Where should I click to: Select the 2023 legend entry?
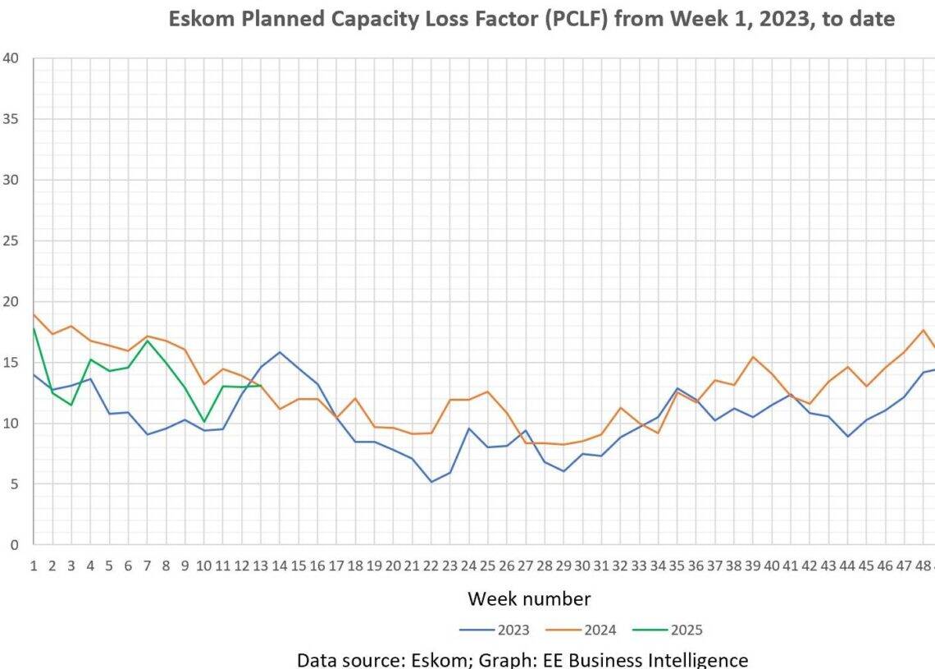click(x=513, y=630)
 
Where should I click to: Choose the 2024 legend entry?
click(x=600, y=630)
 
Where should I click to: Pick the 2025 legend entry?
click(x=686, y=630)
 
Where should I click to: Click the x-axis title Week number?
click(x=529, y=599)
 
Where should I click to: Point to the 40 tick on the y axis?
click(x=11, y=58)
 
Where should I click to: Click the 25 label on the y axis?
click(x=11, y=241)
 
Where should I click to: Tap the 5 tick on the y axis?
click(x=16, y=484)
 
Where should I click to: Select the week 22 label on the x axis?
click(x=431, y=566)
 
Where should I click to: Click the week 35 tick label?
click(x=677, y=566)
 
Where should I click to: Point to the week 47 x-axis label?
click(x=903, y=566)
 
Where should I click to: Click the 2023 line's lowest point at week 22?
click(x=431, y=482)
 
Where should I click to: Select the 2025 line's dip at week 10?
click(x=204, y=422)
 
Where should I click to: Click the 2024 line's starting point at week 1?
click(x=34, y=314)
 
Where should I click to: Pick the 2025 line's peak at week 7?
click(x=147, y=340)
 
